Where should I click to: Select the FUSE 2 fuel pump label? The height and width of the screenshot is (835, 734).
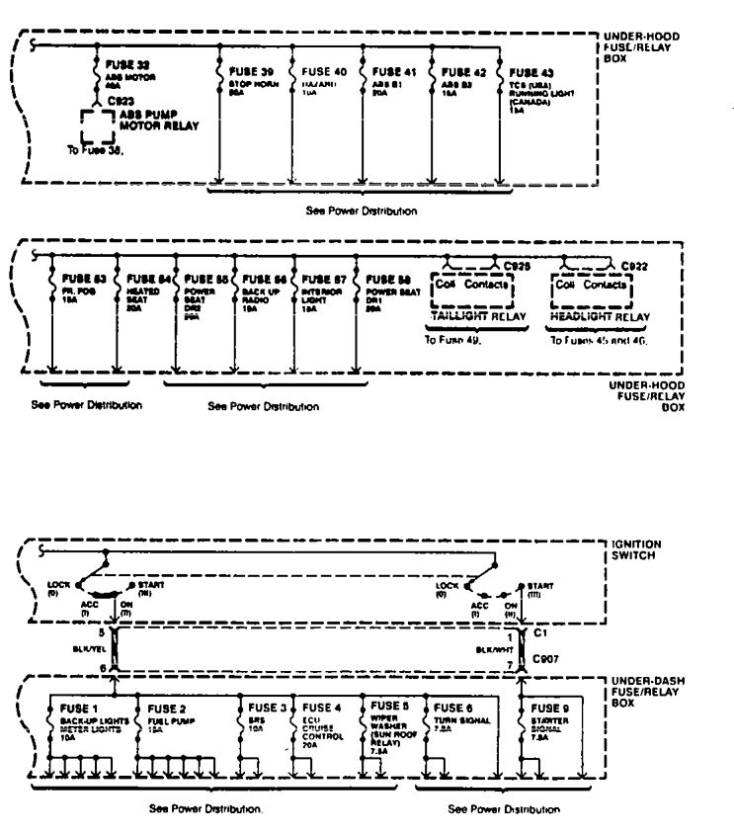click(168, 708)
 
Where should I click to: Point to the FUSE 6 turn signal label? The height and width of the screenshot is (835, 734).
click(452, 708)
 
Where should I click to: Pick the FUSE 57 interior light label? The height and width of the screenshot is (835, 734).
click(324, 280)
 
